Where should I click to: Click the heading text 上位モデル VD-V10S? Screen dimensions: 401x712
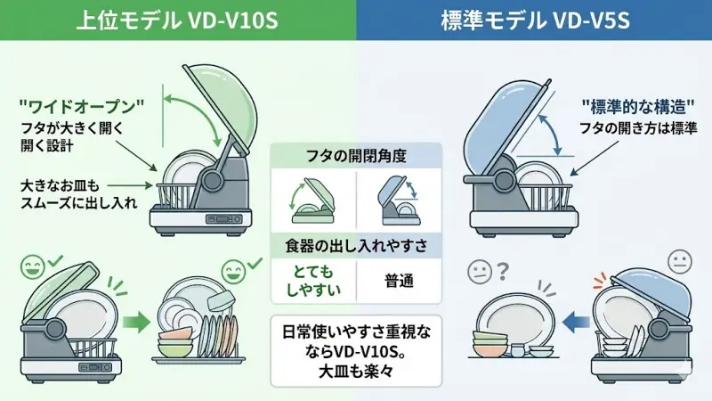pos(178,20)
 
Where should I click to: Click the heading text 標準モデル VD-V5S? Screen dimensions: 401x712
pos(535,20)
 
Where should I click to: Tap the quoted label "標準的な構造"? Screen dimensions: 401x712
pos(637,106)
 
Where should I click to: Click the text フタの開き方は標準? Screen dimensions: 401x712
pos(639,128)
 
